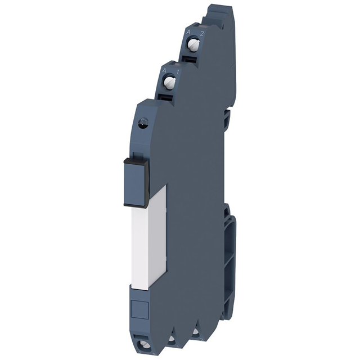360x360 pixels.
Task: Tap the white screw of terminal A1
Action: coord(170,83)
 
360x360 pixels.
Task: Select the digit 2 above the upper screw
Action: coord(201,34)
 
